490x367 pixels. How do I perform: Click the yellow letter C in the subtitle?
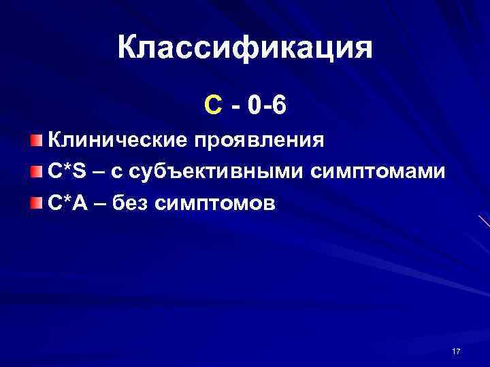point(212,105)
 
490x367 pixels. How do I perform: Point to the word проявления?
point(259,142)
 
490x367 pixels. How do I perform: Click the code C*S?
point(66,171)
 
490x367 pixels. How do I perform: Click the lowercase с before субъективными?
point(117,172)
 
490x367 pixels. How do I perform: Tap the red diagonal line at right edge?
point(484,220)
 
